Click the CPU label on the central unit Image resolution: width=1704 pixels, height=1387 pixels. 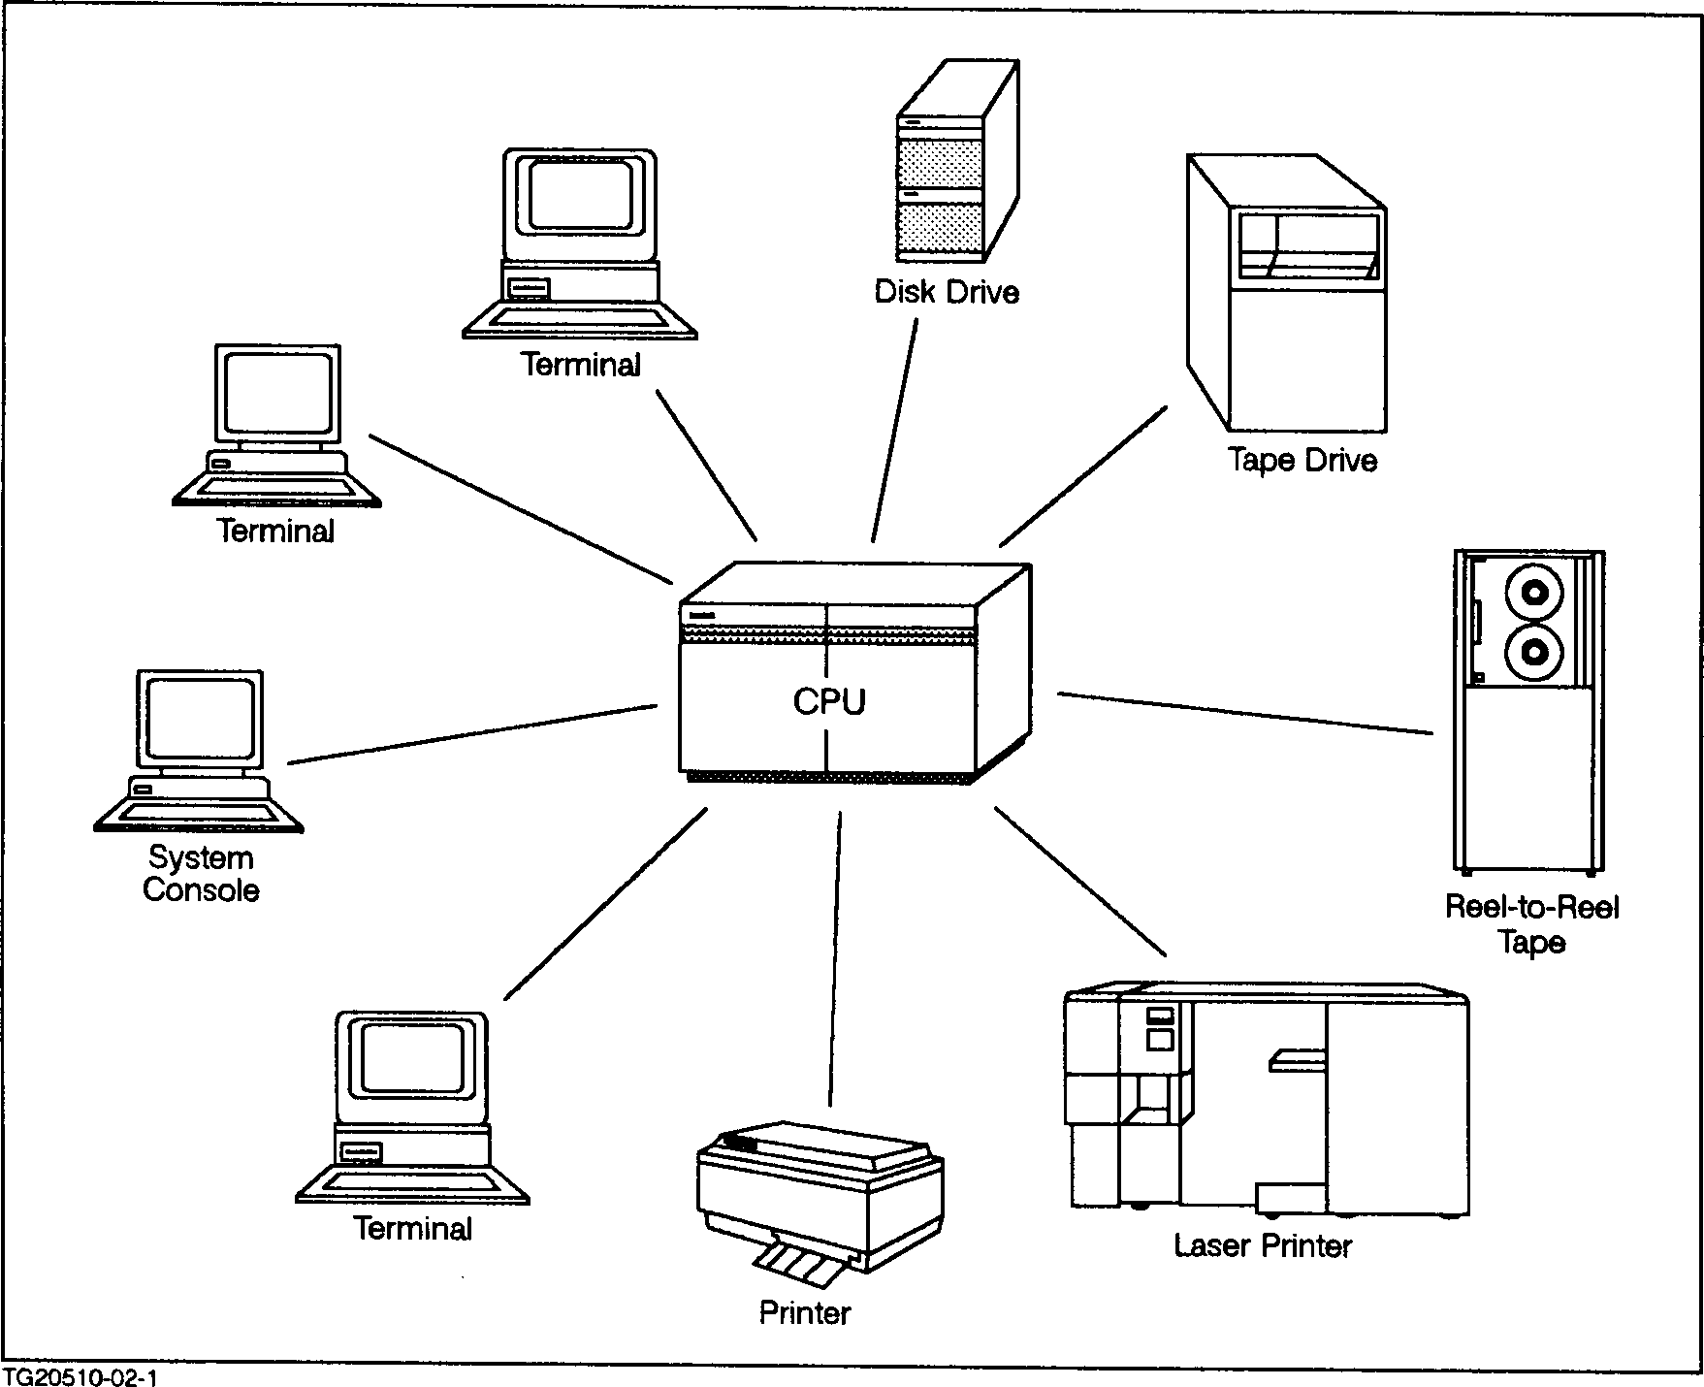(x=829, y=701)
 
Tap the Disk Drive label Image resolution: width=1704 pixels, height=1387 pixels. (x=947, y=292)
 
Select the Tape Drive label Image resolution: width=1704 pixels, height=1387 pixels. (x=1302, y=459)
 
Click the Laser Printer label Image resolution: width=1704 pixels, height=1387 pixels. (x=1263, y=1245)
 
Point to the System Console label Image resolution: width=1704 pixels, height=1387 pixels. (x=201, y=874)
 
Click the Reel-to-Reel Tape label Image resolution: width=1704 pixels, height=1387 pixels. (x=1531, y=924)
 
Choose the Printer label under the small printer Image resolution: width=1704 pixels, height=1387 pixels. (x=804, y=1312)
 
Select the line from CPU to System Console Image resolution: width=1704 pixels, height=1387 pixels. (x=472, y=735)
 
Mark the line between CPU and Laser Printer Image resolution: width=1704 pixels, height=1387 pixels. (x=1079, y=881)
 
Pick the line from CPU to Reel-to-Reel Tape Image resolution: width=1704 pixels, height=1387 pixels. (x=1244, y=713)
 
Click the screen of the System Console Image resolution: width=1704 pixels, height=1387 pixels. (x=201, y=718)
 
